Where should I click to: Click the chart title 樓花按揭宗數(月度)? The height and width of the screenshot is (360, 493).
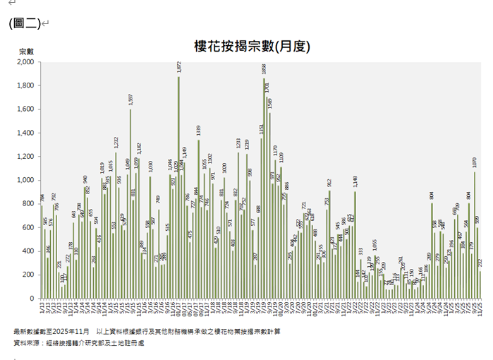[252, 46]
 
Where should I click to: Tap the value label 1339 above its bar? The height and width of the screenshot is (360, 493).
[198, 131]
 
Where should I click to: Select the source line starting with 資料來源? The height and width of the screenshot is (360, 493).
[78, 342]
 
